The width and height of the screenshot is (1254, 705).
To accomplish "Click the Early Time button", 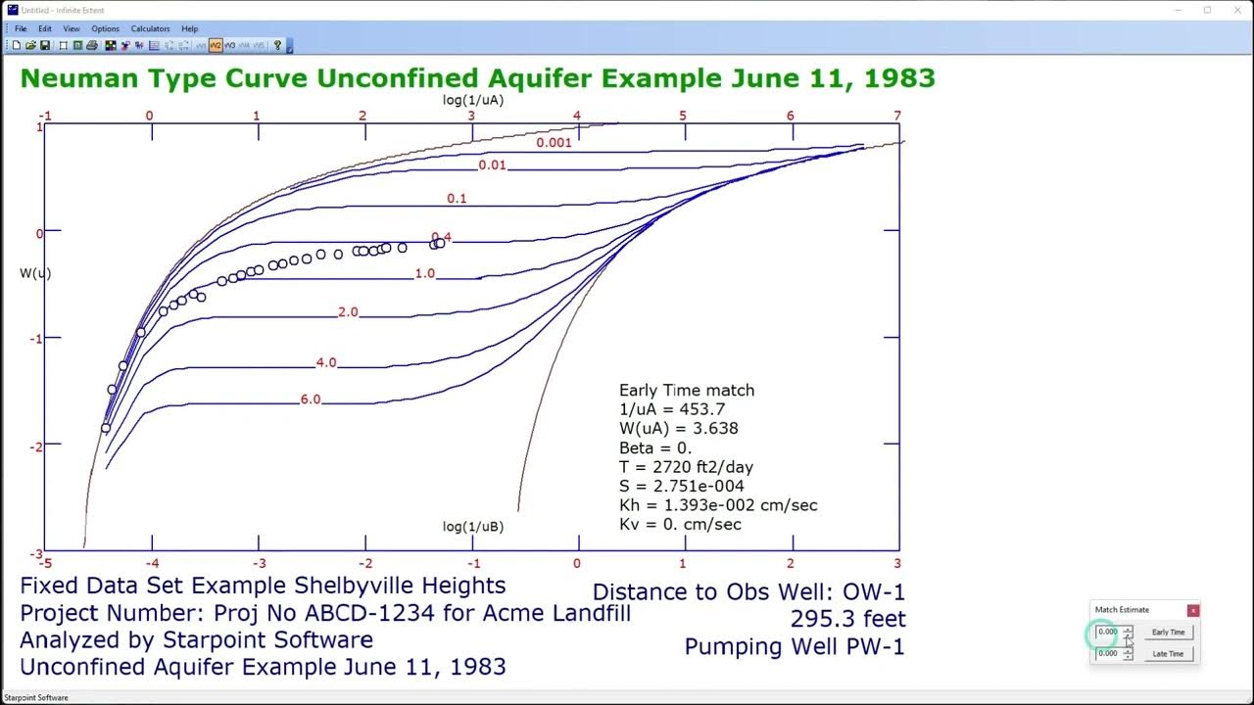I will (x=1168, y=633).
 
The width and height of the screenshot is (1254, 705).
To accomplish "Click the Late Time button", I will (x=1168, y=654).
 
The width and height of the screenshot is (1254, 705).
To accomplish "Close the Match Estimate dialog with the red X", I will (x=1192, y=610).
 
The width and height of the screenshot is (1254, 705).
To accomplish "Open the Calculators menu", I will (x=150, y=29).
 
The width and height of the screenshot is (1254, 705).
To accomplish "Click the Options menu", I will (x=105, y=29).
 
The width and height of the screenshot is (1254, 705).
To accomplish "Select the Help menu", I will (x=189, y=29).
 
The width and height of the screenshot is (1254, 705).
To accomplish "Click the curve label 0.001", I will (x=554, y=143).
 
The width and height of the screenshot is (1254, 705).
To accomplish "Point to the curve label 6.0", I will (x=311, y=399).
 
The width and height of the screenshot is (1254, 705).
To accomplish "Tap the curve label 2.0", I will (x=348, y=312).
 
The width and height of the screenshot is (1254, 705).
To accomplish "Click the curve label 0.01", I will (x=492, y=165).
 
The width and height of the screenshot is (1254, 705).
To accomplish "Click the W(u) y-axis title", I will (x=35, y=273).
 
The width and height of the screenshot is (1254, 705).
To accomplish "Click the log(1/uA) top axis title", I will (x=473, y=100).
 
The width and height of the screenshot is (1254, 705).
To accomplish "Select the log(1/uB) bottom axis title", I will (x=473, y=527).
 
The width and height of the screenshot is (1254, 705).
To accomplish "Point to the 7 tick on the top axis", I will (x=896, y=116).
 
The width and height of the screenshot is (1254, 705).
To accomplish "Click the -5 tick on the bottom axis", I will (x=44, y=563).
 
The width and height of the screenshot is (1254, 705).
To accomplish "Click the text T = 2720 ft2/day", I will (x=686, y=467).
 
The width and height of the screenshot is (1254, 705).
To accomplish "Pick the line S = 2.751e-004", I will (x=681, y=486).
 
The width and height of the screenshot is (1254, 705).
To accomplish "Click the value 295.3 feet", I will (x=847, y=619).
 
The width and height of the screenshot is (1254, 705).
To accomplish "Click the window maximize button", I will (x=1207, y=10).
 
